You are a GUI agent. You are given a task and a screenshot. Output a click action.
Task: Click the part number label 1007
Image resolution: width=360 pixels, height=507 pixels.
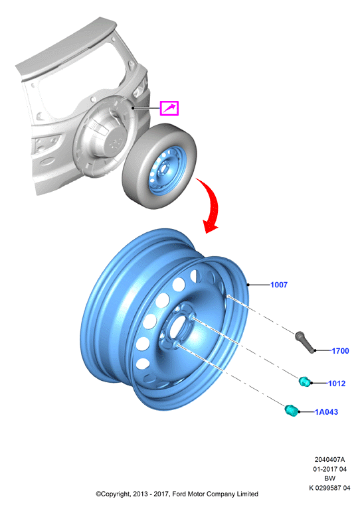(x=279, y=285)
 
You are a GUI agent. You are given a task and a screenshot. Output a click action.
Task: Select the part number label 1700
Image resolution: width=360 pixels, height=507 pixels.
(x=340, y=351)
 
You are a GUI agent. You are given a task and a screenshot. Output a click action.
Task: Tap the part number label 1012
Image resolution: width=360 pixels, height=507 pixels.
(x=337, y=384)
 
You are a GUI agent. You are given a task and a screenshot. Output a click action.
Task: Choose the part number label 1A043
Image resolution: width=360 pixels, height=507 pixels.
(x=326, y=412)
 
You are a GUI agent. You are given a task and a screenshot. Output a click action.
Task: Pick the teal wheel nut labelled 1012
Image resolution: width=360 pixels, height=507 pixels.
(x=304, y=382)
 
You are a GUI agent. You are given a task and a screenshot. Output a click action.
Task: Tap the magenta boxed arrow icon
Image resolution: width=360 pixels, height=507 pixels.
(x=169, y=108)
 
